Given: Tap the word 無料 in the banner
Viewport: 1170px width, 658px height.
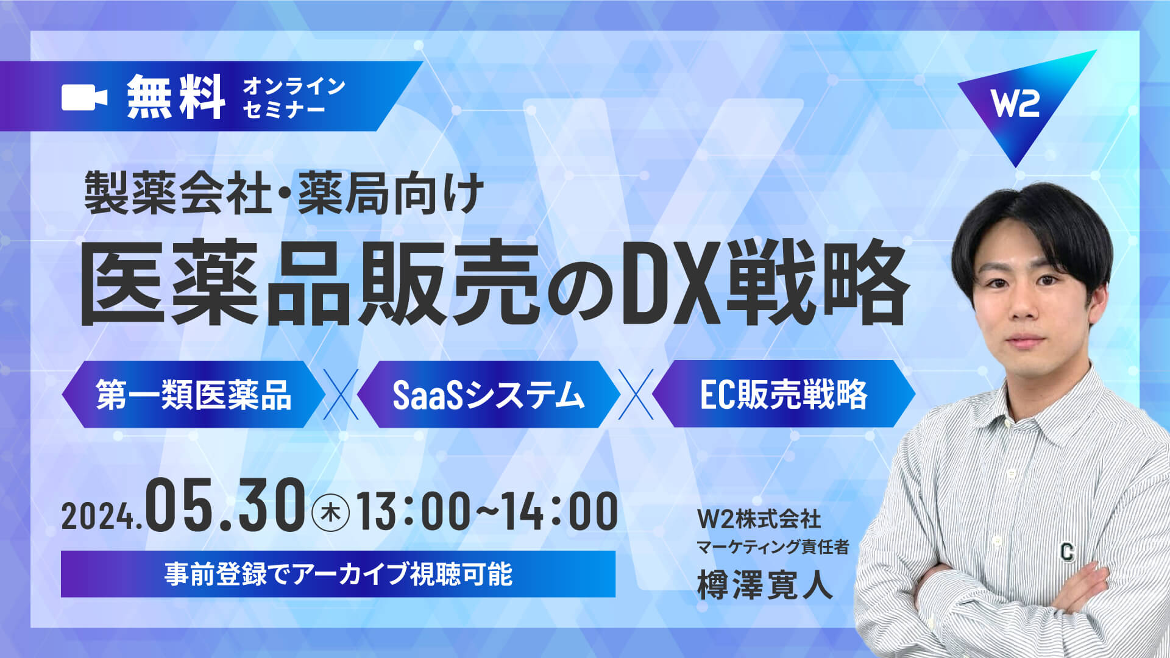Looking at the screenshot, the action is pyautogui.click(x=176, y=96).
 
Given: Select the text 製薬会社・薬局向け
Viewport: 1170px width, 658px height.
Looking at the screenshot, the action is pyautogui.click(x=284, y=193).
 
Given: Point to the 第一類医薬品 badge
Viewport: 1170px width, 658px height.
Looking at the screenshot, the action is pyautogui.click(x=193, y=394).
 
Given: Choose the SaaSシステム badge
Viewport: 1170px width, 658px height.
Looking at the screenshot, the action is pyautogui.click(x=488, y=394).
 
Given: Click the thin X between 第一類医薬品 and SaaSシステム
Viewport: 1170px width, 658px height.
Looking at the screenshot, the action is pyautogui.click(x=341, y=394).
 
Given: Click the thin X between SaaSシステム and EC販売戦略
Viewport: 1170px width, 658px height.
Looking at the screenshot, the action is pyautogui.click(x=636, y=394).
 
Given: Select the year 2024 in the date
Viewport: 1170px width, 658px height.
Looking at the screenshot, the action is pyautogui.click(x=98, y=517).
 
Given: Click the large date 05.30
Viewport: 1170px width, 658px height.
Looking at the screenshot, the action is pyautogui.click(x=225, y=504).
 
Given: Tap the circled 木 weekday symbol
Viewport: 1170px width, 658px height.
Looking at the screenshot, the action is pyautogui.click(x=331, y=513).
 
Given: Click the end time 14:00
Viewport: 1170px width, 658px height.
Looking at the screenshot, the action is pyautogui.click(x=560, y=511).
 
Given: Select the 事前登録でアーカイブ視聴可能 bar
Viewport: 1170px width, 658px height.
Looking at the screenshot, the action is pyautogui.click(x=338, y=574).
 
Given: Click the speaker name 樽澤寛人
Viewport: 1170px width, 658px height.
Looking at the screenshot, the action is pyautogui.click(x=765, y=584).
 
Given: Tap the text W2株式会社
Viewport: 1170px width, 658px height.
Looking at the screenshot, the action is pyautogui.click(x=759, y=519).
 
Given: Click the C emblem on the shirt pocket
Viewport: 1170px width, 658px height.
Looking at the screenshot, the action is pyautogui.click(x=1066, y=551).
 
